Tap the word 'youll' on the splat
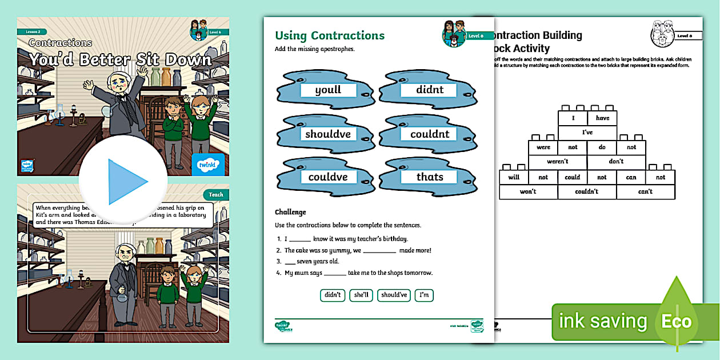coord(328,90)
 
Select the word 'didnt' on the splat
coord(430,90)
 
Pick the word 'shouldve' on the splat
coord(328,134)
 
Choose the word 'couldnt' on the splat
coord(430,134)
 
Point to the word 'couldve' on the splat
coord(328,177)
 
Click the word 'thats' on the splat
coord(430,177)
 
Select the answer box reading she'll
coord(361,295)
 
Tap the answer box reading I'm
coord(424,295)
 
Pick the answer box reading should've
coord(394,295)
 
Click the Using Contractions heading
coord(330,35)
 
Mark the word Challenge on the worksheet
coord(290,212)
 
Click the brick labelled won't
coord(528,191)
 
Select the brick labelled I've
coord(587,133)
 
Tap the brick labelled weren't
coord(557,162)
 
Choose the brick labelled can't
coord(645,191)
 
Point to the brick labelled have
coord(602,118)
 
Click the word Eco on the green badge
coord(677,321)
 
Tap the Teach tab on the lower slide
coord(216,195)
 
